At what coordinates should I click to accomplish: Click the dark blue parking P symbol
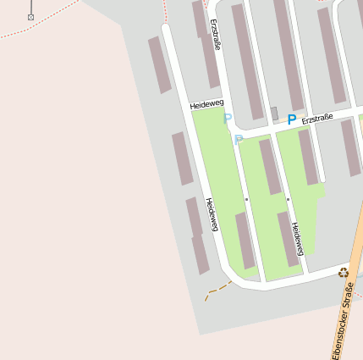pyautogui.click(x=292, y=120)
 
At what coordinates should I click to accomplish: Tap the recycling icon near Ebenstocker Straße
pyautogui.click(x=344, y=272)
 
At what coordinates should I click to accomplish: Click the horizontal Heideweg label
pyautogui.click(x=206, y=103)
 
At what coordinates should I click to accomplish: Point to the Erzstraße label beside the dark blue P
pyautogui.click(x=317, y=117)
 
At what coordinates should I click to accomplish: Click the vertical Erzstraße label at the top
pyautogui.click(x=217, y=35)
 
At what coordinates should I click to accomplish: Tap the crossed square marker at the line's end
pyautogui.click(x=31, y=17)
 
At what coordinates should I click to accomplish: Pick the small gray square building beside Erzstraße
pyautogui.click(x=274, y=114)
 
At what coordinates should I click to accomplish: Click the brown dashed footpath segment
pyautogui.click(x=217, y=289)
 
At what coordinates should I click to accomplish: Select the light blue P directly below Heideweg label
pyautogui.click(x=227, y=119)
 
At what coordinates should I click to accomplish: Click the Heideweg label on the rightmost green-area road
pyautogui.click(x=297, y=238)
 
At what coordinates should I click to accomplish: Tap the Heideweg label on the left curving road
pyautogui.click(x=212, y=214)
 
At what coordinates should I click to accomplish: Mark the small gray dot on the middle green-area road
pyautogui.click(x=246, y=199)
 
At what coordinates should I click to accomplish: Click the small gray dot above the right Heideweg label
pyautogui.click(x=289, y=199)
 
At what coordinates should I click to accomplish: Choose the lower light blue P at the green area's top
pyautogui.click(x=239, y=140)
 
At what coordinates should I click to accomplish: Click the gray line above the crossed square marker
pyautogui.click(x=31, y=6)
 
